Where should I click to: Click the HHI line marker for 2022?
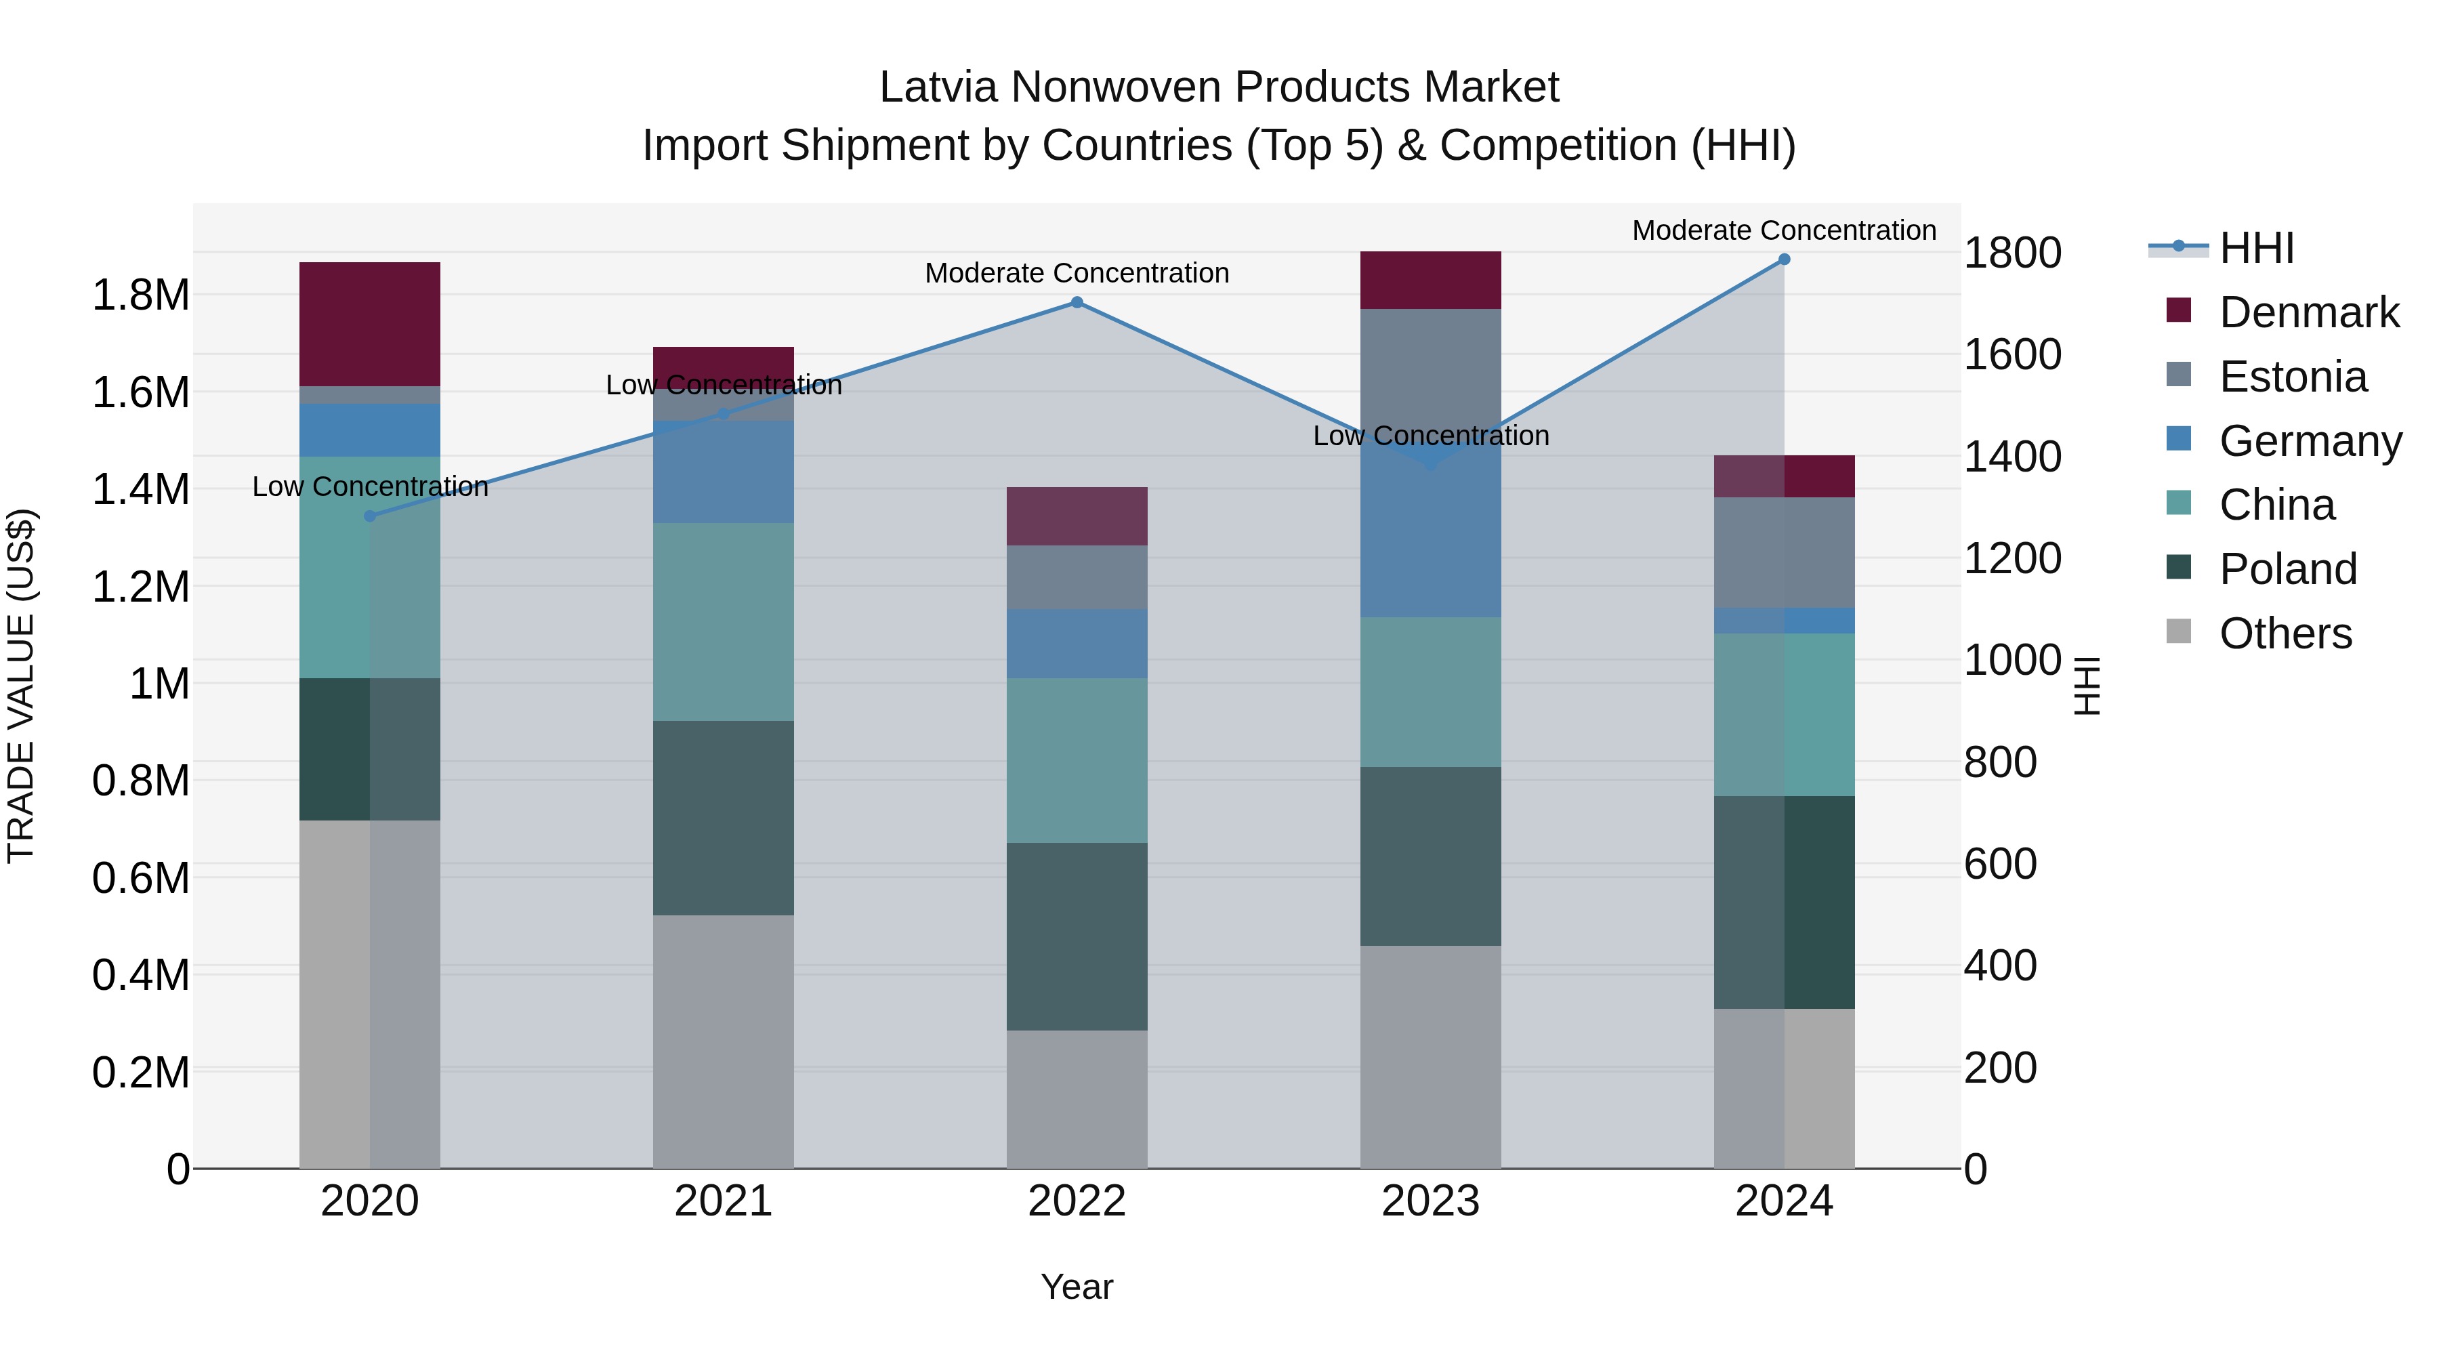click(x=1077, y=303)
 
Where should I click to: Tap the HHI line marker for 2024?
click(x=1784, y=259)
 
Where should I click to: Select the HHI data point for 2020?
click(x=370, y=516)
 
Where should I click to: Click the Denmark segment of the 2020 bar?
click(x=370, y=324)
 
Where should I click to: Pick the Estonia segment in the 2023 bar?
click(x=1431, y=369)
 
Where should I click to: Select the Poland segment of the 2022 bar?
click(x=1077, y=936)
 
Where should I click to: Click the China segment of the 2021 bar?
click(x=724, y=621)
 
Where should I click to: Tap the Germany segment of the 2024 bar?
click(x=1784, y=620)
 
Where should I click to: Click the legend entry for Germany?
click(x=2310, y=441)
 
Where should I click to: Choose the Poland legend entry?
click(x=2287, y=569)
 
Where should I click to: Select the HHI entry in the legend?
click(x=2256, y=248)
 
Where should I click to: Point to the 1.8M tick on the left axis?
click(x=140, y=295)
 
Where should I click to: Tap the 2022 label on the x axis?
click(x=1077, y=1201)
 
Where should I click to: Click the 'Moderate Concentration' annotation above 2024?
click(x=1784, y=230)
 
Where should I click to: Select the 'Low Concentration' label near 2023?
click(x=1431, y=436)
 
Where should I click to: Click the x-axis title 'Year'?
click(x=1077, y=1287)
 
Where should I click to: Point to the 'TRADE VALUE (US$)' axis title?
click(x=21, y=686)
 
